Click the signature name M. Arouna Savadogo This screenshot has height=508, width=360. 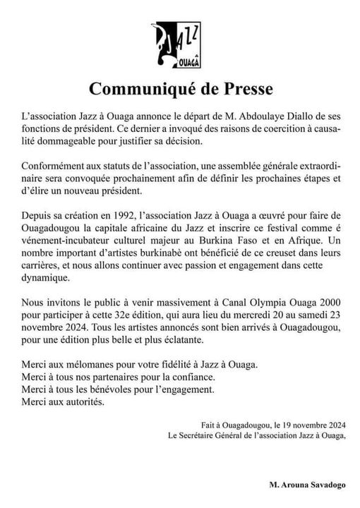coord(306,485)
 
